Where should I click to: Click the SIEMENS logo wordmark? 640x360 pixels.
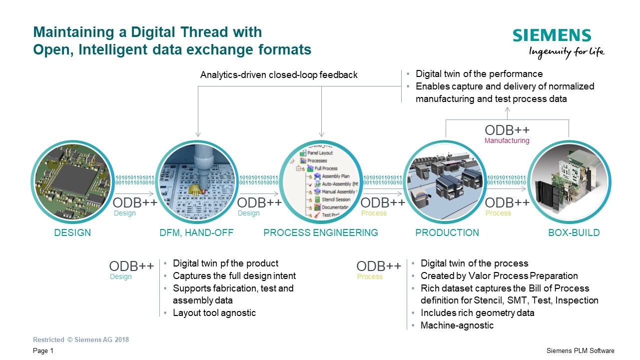552,35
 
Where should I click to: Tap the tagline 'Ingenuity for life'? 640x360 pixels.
567,51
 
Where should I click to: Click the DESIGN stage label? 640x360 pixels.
72,233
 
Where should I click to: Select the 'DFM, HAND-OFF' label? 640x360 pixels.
196,233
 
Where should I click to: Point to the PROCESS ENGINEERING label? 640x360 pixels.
320,233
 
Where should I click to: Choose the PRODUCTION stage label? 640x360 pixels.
447,233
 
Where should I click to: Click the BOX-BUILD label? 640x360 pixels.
574,233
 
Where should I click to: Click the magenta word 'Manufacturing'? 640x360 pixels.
507,141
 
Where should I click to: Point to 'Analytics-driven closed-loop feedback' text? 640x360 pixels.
279,75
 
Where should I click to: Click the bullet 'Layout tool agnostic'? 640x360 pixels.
214,313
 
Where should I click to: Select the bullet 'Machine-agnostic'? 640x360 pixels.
457,325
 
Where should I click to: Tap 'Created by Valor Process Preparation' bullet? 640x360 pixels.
499,276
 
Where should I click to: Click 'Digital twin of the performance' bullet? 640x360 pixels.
479,74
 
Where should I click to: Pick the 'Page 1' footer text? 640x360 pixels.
43,351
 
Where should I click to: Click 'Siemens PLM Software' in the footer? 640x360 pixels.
581,351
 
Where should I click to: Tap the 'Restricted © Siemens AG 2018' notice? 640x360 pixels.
81,340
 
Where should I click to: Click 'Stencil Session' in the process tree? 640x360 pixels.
336,199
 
